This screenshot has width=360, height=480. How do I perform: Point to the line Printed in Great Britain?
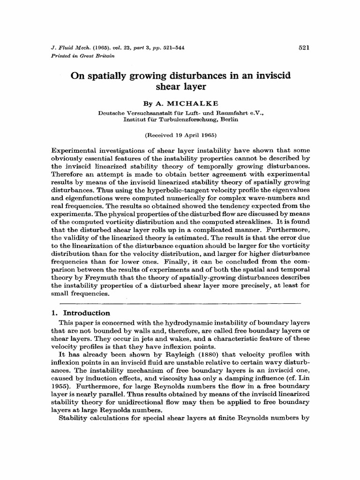(x=79, y=55)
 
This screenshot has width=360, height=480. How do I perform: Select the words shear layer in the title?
(x=180, y=87)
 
